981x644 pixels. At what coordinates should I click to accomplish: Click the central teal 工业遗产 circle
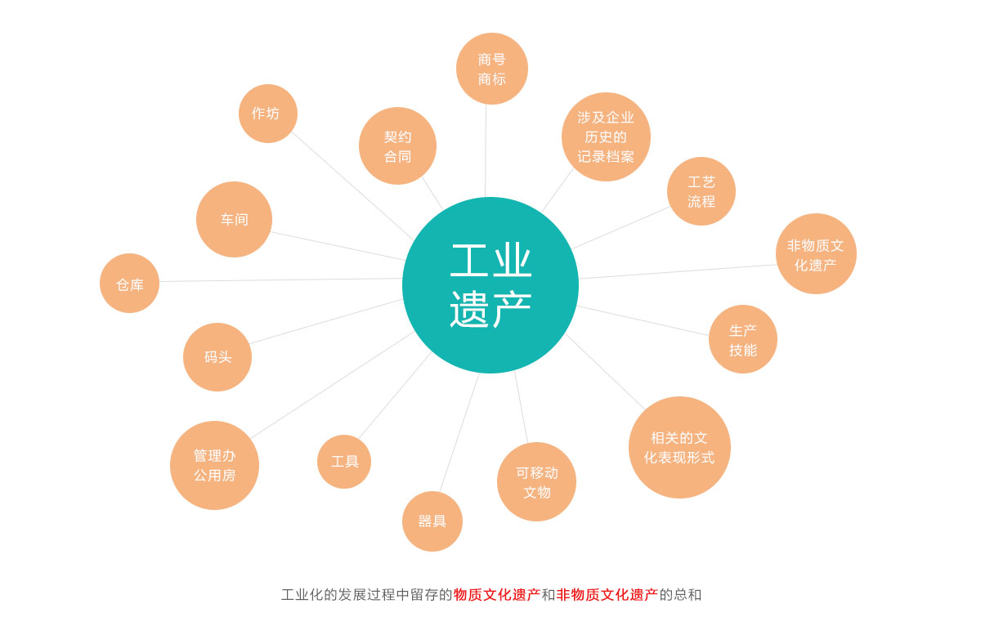[x=490, y=285]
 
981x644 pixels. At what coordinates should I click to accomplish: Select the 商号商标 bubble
[x=492, y=69]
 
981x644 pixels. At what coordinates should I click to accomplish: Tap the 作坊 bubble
[x=268, y=114]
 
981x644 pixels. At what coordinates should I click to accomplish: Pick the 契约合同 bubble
[x=397, y=145]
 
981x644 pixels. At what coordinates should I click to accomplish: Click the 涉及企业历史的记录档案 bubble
[x=606, y=136]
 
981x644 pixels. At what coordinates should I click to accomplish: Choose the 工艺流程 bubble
[x=701, y=191]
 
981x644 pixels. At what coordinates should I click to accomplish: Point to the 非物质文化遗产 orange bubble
[x=816, y=254]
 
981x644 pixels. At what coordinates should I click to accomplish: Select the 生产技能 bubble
[x=743, y=339]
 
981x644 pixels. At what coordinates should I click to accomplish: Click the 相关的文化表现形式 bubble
[x=679, y=447]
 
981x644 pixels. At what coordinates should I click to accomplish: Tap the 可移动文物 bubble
[x=536, y=481]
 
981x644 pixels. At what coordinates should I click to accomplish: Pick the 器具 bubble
[x=432, y=521]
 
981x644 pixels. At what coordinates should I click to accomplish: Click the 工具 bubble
[x=344, y=462]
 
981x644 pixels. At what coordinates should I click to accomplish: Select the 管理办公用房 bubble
[x=214, y=465]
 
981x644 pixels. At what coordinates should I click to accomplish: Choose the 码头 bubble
[x=217, y=357]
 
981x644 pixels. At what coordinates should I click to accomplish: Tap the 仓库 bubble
[x=130, y=284]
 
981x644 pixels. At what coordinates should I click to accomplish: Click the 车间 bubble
[x=234, y=219]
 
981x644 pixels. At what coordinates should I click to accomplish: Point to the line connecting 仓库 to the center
[x=280, y=280]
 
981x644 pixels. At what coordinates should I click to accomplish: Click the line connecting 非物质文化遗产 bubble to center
[x=678, y=271]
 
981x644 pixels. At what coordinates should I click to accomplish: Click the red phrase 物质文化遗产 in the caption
[x=497, y=595]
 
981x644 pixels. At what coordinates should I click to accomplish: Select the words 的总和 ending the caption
[x=680, y=595]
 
